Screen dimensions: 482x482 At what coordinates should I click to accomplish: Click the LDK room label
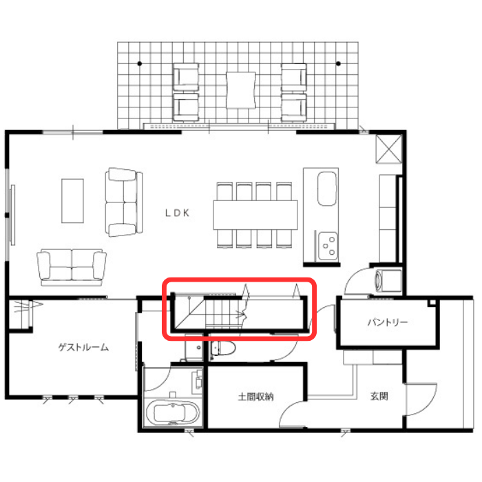pos(178,213)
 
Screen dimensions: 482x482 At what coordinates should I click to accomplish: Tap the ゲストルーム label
pos(83,347)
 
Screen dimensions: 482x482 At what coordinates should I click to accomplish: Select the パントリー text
pos(388,322)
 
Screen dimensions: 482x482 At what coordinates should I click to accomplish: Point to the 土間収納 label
pos(255,397)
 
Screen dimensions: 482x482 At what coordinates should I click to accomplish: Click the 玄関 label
pos(379,396)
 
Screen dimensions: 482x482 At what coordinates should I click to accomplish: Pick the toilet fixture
pos(222,348)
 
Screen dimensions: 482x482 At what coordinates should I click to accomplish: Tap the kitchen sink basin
pos(327,189)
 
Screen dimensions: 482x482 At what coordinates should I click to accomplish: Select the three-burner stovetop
pos(328,246)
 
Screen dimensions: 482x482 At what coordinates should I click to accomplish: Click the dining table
pos(255,215)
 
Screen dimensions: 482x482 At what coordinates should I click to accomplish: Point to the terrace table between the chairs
pos(241,90)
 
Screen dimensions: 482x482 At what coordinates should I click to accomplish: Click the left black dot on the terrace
pos(140,63)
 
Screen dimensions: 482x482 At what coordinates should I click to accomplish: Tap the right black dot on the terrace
pos(338,63)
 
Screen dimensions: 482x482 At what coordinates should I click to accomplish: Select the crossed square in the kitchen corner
pos(389,149)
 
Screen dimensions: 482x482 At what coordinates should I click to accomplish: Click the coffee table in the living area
pos(72,201)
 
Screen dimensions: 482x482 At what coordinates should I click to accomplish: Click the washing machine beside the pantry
pos(388,281)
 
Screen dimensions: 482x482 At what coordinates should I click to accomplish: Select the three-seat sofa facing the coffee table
pos(124,202)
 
